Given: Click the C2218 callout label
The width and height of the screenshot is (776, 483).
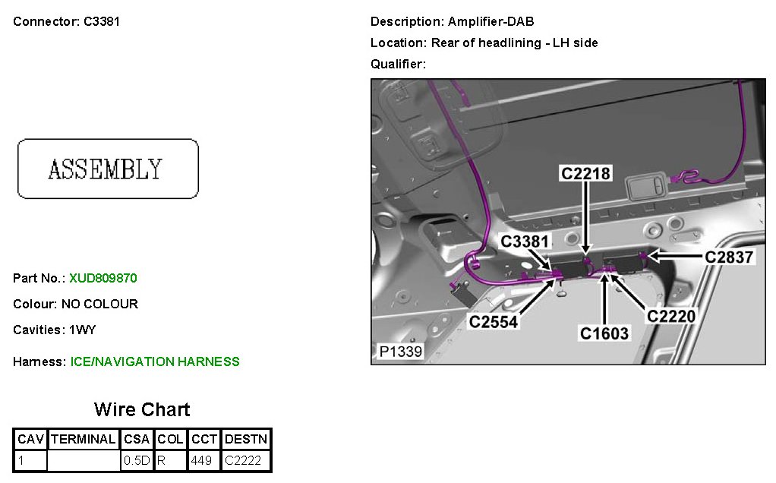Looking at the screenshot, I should pos(585,173).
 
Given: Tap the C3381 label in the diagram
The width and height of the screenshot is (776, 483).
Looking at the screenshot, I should pos(525,241).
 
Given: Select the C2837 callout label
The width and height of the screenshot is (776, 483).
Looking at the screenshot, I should pos(729,257).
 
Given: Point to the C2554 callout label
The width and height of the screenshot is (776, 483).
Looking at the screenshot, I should pos(494,321).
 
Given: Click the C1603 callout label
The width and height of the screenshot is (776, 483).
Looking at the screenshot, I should pos(604,333).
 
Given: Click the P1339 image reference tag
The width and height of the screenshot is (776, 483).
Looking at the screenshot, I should pos(401,352).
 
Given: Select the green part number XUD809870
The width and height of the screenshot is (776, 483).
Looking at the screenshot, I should pos(103,278).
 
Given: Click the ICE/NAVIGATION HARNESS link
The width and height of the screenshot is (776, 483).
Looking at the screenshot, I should pos(155,361).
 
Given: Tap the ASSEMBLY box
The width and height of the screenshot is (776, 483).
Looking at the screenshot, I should pos(108,169).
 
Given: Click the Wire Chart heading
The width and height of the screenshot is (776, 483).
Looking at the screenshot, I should pos(142,409).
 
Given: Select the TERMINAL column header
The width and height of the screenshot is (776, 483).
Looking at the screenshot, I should pos(84,439).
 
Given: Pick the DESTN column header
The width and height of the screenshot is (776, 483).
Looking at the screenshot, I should pos(247,439).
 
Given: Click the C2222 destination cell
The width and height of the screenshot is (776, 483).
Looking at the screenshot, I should pos(244,460).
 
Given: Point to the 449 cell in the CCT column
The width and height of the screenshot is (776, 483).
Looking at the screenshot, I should pos(202,460).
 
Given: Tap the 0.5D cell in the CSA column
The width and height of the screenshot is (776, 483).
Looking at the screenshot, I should pos(137,460).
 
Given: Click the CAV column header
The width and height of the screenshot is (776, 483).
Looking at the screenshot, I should pos(31,439).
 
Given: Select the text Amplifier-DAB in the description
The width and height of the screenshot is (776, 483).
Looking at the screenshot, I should pos(491,21).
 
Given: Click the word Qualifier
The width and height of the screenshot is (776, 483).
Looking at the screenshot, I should pos(397,64).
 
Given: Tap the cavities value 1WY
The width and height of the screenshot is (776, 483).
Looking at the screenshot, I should pos(83,330).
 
